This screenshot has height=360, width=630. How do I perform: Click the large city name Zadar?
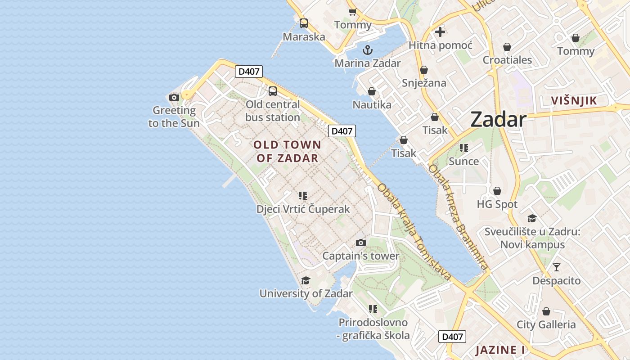coord(498,120)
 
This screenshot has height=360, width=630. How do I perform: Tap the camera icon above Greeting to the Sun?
coord(174,97)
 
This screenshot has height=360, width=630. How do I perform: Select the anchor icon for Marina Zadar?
coord(368,49)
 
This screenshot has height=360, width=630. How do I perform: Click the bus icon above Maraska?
coord(304,23)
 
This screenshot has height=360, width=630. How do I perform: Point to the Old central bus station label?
coord(273,111)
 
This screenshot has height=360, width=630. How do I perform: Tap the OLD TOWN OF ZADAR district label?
coord(287,151)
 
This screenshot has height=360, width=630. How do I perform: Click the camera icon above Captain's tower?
coord(360,243)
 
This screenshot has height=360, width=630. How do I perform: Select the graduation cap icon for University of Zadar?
coord(306,281)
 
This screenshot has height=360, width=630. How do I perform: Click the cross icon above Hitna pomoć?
coord(440,32)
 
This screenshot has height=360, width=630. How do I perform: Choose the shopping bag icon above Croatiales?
coord(507,47)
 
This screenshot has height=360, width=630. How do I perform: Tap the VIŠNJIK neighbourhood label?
coord(574,101)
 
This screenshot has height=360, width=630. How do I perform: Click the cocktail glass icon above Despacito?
coord(557,267)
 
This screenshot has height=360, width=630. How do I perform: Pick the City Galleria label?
coord(546,324)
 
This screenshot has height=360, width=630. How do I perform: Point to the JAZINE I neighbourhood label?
coord(500,350)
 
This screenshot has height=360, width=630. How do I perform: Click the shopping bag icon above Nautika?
coord(372,91)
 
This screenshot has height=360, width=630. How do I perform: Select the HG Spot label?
coord(497,204)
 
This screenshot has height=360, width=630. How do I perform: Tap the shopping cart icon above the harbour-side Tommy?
coord(352,12)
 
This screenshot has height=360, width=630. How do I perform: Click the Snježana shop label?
coord(424,83)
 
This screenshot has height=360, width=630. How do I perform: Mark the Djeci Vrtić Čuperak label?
coord(303,209)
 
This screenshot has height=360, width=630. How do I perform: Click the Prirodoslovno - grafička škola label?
coord(373,329)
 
